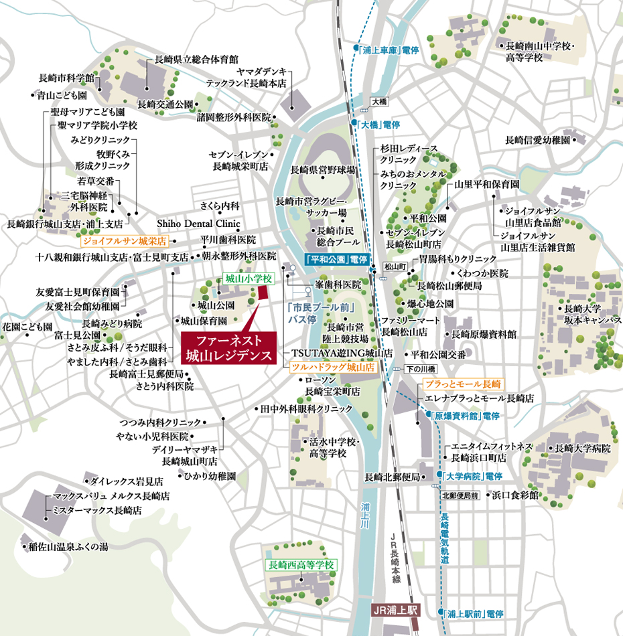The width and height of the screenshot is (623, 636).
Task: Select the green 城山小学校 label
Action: pyautogui.click(x=238, y=278)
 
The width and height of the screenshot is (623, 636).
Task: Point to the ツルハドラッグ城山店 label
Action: pyautogui.click(x=332, y=368)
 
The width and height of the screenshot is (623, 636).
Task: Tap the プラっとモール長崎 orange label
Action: pyautogui.click(x=463, y=384)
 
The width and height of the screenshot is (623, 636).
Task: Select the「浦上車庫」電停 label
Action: pyautogui.click(x=388, y=49)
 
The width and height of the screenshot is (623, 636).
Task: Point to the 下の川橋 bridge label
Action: pyautogui.click(x=421, y=370)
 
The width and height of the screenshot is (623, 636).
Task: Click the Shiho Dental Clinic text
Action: pyautogui.click(x=198, y=224)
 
